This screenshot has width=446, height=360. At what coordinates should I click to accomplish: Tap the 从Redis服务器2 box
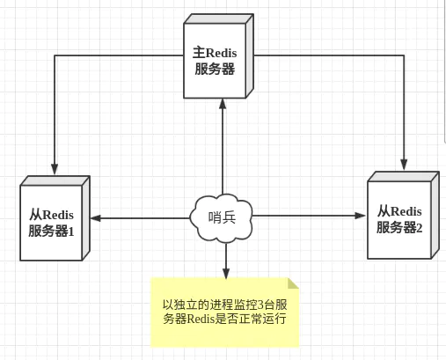pyautogui.click(x=400, y=218)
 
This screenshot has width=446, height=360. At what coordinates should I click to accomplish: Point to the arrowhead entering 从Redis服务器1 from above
pyautogui.click(x=55, y=168)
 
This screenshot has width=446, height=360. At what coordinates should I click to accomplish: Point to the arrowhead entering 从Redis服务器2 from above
pyautogui.click(x=405, y=163)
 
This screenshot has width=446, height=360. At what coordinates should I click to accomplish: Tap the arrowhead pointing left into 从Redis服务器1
pyautogui.click(x=93, y=217)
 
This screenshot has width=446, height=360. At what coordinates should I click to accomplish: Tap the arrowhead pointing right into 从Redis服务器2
pyautogui.click(x=361, y=215)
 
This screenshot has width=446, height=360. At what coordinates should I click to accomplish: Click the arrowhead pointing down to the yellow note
pyautogui.click(x=226, y=272)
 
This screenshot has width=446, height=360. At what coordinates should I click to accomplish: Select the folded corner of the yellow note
pyautogui.click(x=293, y=283)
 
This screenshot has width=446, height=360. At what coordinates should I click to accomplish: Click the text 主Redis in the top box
pyautogui.click(x=216, y=54)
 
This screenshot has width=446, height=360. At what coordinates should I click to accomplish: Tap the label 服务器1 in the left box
pyautogui.click(x=52, y=231)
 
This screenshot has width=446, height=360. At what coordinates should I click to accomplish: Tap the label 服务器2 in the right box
pyautogui.click(x=399, y=227)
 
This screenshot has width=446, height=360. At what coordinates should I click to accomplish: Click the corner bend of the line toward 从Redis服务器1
pyautogui.click(x=55, y=55)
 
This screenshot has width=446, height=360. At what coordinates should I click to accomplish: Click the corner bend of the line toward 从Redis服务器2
pyautogui.click(x=405, y=55)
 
